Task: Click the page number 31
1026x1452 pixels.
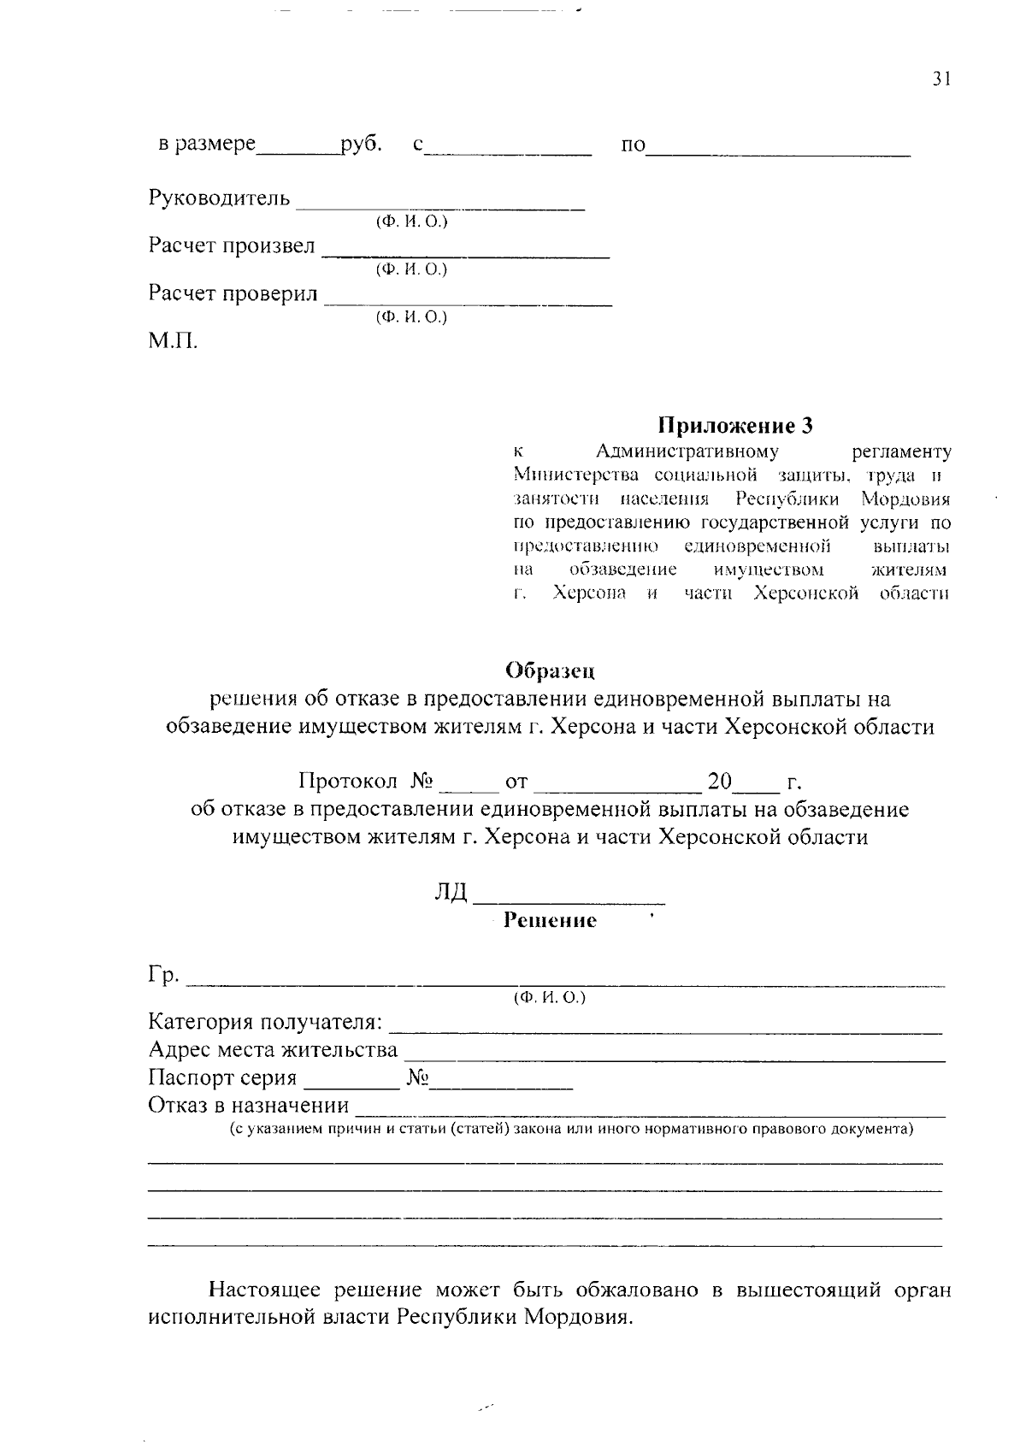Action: tap(940, 79)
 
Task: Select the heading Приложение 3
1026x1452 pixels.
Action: tap(734, 425)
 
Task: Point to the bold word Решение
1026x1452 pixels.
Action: tap(550, 920)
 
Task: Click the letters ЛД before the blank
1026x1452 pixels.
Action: tap(451, 892)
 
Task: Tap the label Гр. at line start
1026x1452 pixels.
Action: tap(163, 975)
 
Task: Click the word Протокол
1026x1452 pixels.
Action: tap(348, 782)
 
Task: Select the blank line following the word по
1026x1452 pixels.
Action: tap(778, 152)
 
